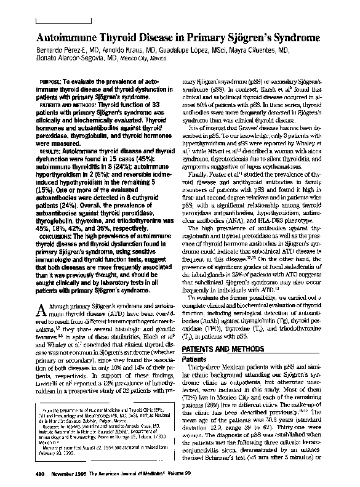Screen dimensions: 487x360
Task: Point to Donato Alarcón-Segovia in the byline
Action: [x=66, y=59]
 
